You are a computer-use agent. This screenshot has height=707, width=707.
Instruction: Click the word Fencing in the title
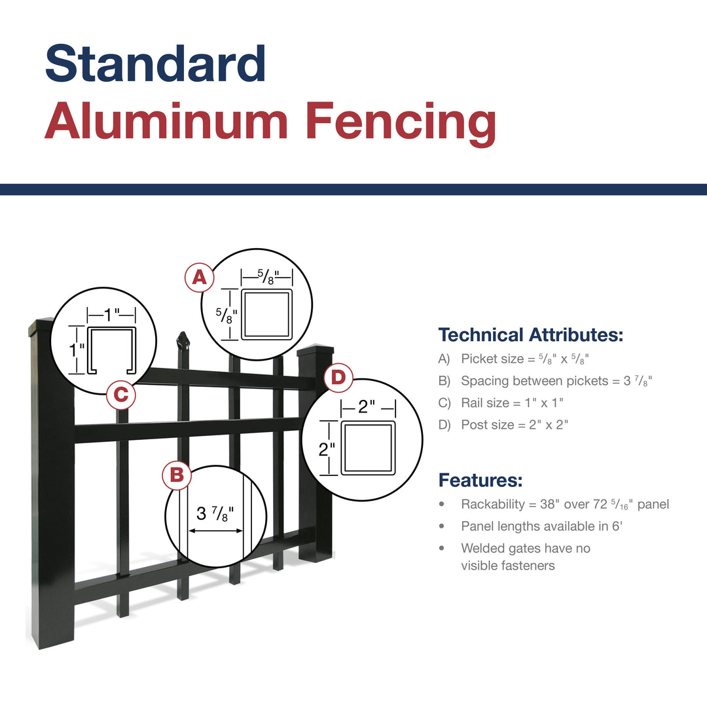[401, 122]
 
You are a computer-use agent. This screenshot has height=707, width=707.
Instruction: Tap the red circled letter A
[199, 278]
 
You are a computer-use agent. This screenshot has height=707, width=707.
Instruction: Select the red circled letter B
[177, 475]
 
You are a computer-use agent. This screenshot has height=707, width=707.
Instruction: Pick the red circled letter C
[121, 395]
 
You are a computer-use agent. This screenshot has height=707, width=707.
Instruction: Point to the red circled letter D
[338, 378]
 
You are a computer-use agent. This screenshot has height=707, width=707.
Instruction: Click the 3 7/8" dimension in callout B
[215, 514]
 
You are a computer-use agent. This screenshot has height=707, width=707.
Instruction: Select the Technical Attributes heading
[531, 335]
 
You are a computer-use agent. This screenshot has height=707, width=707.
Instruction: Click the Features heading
[480, 480]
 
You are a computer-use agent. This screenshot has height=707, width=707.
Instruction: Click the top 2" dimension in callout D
[366, 407]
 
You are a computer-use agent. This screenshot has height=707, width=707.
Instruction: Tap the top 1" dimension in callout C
[111, 314]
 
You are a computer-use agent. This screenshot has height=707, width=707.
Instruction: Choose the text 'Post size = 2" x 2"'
[515, 425]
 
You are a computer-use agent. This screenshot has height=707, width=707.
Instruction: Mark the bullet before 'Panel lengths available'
[442, 526]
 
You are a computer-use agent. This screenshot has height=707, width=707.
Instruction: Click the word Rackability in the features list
[493, 504]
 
